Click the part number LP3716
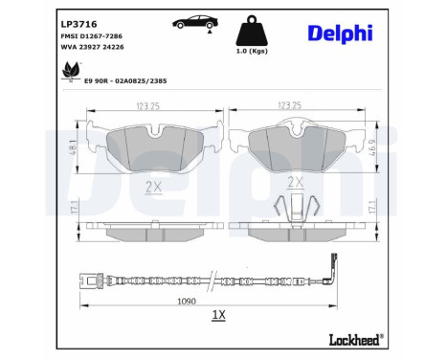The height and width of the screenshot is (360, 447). pos(79,22)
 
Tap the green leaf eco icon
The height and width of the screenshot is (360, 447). pos(70,71)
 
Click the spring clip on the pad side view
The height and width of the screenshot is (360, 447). pos(296,208)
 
